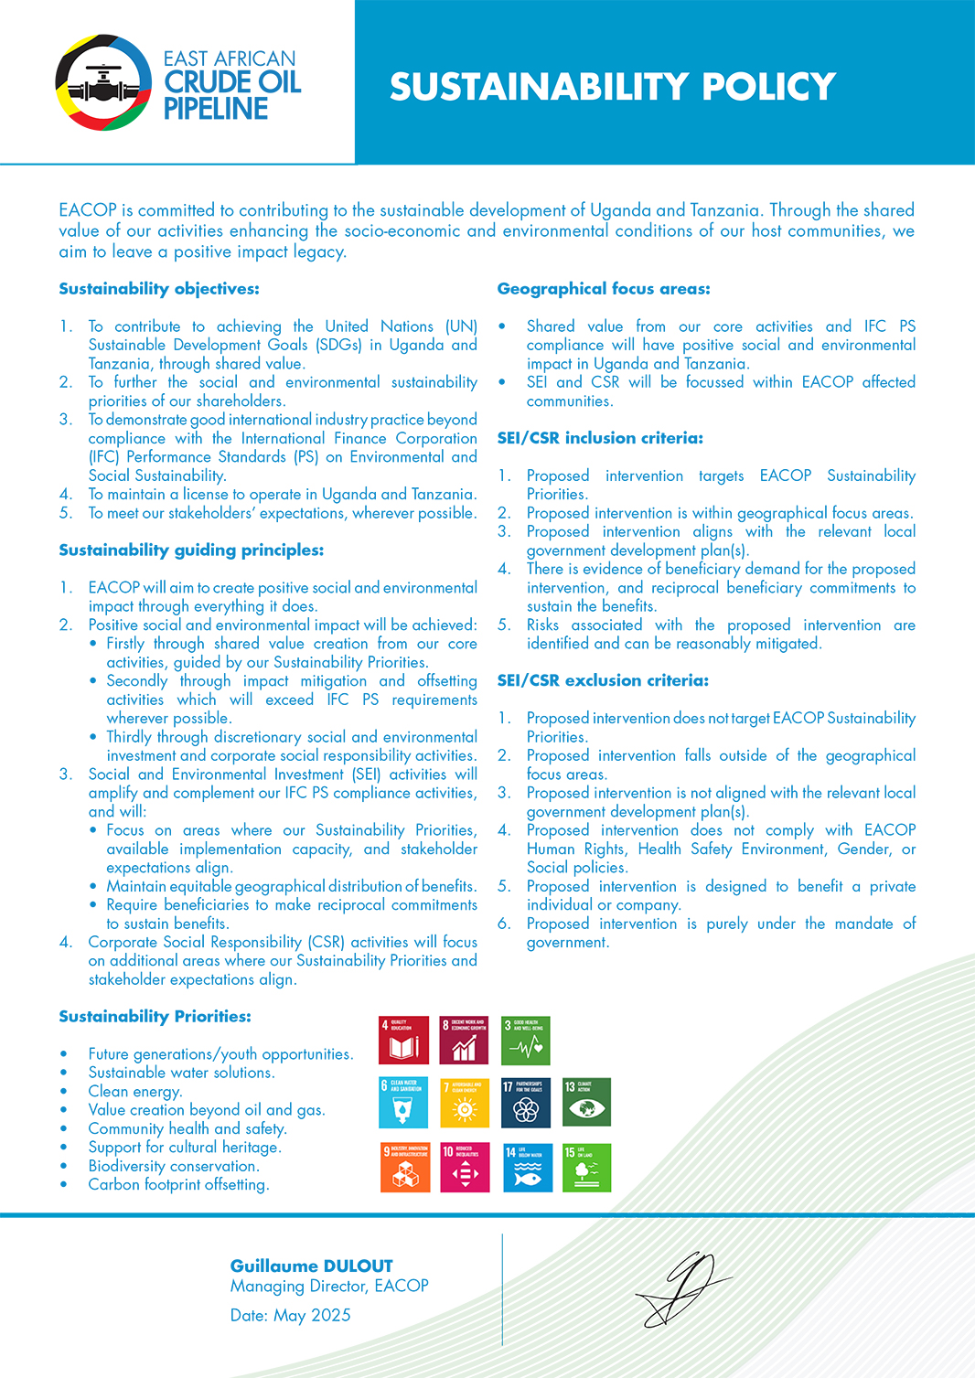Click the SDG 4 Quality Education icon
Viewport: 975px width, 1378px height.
[x=403, y=1040]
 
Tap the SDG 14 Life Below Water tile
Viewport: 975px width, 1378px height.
[x=528, y=1168]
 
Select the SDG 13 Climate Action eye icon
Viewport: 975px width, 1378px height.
[x=587, y=1103]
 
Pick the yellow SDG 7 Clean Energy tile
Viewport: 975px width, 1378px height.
[x=465, y=1103]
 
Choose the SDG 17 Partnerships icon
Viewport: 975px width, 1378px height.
[x=526, y=1103]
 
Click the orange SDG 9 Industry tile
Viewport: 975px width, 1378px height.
[x=404, y=1168]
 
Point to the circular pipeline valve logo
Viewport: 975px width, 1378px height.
[x=102, y=83]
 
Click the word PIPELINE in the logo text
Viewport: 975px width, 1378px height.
[x=216, y=109]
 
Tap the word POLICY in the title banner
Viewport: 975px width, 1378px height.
[x=768, y=87]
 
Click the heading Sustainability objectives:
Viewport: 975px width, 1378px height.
[x=159, y=289]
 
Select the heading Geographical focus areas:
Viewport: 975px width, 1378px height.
[x=604, y=289]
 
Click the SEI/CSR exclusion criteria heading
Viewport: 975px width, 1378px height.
[x=603, y=680]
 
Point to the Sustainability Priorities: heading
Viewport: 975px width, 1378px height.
[x=155, y=1017]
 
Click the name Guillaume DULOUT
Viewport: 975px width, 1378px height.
[x=311, y=1266]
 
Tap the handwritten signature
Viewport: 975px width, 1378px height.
[x=683, y=1288]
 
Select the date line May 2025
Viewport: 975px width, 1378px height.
[x=290, y=1315]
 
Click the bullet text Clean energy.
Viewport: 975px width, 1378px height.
[x=135, y=1091]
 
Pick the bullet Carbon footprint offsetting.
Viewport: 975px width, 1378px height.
[x=178, y=1184]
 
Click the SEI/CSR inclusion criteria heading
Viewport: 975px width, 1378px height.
[x=600, y=438]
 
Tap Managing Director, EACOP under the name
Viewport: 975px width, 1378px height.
[x=329, y=1286]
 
